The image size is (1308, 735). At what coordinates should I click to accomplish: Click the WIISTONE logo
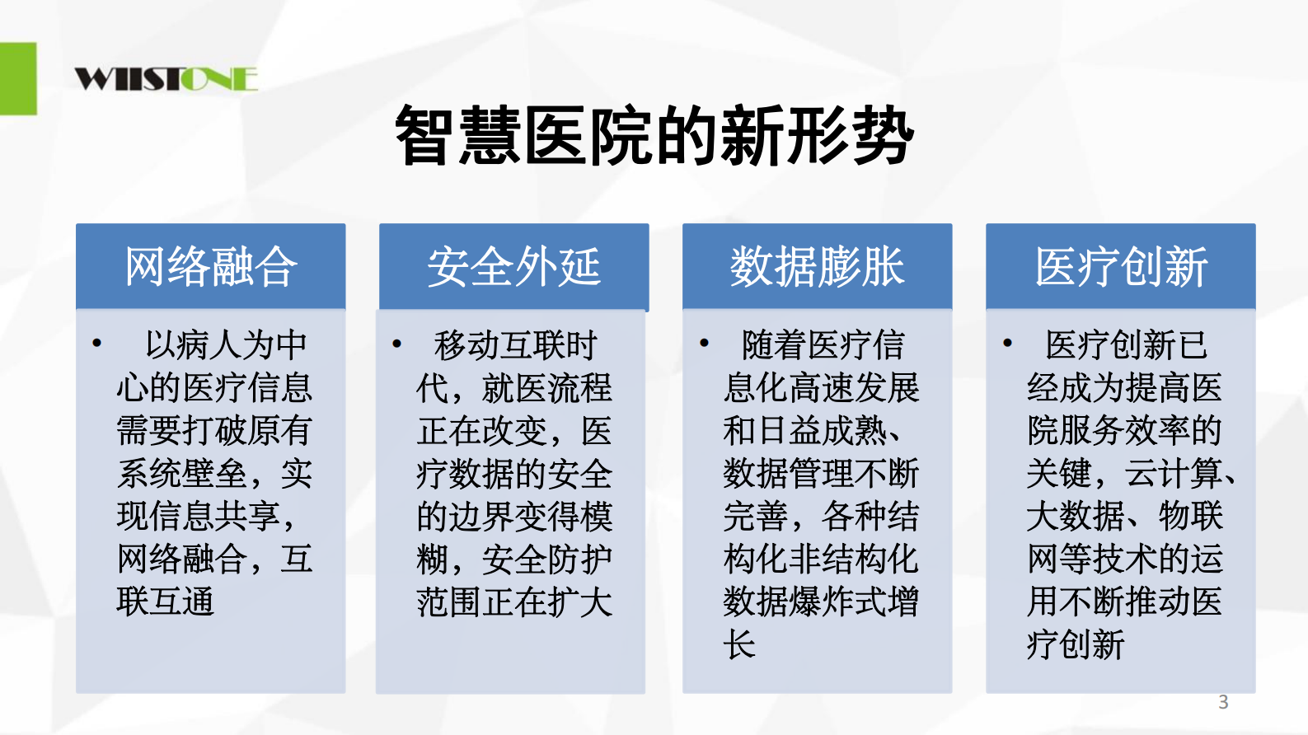tap(166, 78)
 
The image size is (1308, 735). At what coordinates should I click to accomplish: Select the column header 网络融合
tap(210, 266)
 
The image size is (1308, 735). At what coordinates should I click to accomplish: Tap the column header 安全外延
tap(513, 266)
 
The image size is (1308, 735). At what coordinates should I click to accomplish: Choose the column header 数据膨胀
tap(817, 266)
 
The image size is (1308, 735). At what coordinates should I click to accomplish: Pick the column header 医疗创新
tap(1120, 266)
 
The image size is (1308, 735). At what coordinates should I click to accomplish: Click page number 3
tap(1223, 702)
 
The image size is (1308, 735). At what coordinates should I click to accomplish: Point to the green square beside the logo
tap(18, 78)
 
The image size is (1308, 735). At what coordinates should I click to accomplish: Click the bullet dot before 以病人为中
tap(97, 344)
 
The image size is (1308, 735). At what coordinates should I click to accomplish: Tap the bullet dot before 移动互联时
tap(397, 344)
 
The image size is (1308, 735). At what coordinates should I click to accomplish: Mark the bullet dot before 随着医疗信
tap(704, 344)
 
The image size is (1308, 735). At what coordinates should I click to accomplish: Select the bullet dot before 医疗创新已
tap(1007, 344)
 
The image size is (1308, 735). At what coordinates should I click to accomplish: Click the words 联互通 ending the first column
tap(166, 602)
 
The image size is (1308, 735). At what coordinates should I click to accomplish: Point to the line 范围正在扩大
tap(514, 602)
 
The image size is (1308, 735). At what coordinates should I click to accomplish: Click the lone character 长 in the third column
tap(739, 644)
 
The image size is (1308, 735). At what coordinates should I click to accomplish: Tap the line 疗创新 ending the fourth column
tap(1076, 644)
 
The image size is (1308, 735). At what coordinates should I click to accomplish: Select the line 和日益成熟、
tap(812, 430)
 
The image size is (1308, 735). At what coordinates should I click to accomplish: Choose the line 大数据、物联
tap(1124, 516)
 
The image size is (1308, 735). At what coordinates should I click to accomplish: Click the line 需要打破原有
tap(214, 430)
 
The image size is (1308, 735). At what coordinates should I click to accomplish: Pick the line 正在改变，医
tap(514, 430)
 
